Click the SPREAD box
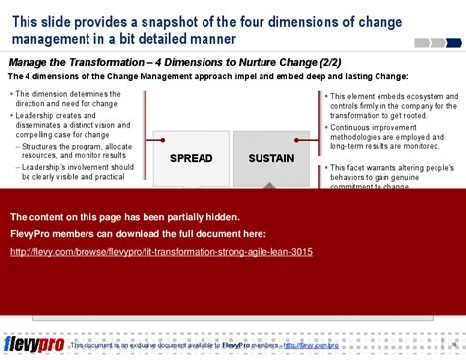[191, 157]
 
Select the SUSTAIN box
[270, 157]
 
